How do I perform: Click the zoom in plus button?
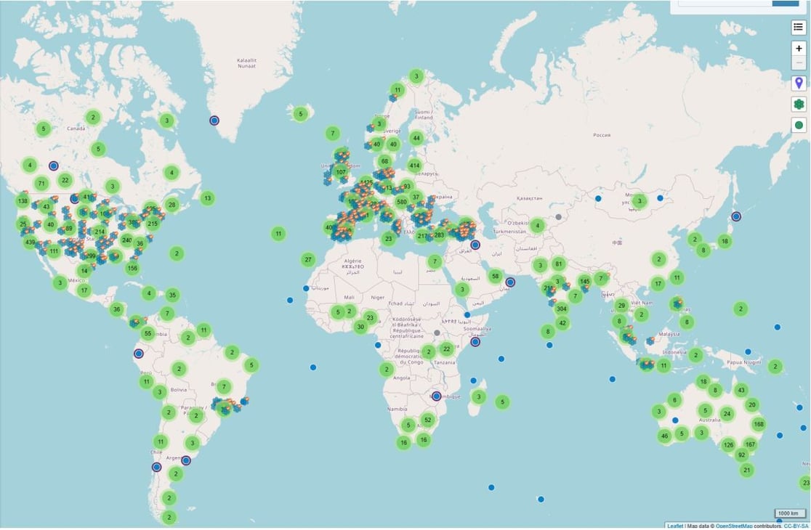[x=799, y=48]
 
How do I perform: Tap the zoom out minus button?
[x=799, y=63]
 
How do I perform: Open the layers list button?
[x=799, y=28]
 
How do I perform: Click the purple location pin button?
[x=799, y=83]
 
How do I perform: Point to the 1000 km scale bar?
[x=790, y=513]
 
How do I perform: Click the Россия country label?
[x=602, y=134]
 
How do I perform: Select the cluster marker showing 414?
[x=415, y=166]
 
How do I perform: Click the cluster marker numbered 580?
[x=402, y=202]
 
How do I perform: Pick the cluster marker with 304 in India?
[x=562, y=308]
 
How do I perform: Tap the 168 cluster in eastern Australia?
[x=759, y=424]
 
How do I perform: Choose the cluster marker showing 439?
[x=30, y=242]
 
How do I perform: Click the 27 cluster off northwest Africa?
[x=308, y=260]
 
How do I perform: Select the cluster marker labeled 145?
[x=585, y=281]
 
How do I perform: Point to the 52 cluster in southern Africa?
[x=427, y=420]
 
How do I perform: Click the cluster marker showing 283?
[x=439, y=235]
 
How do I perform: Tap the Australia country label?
[x=709, y=420]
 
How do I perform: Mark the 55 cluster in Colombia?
[x=148, y=334]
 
